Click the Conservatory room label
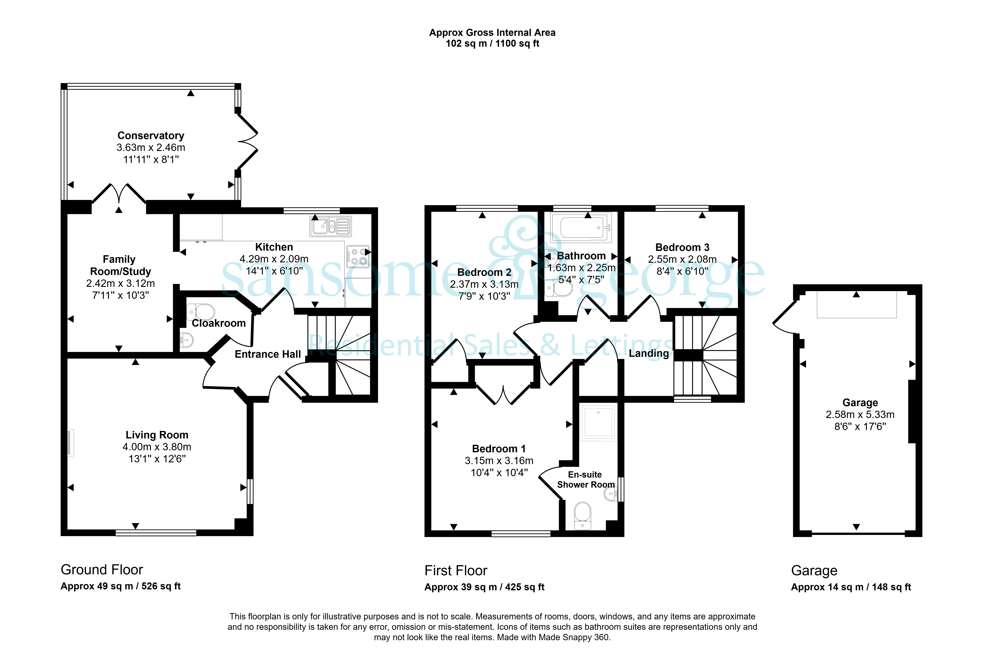click(x=151, y=136)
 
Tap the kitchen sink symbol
click(x=330, y=226)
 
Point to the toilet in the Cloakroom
click(x=201, y=312)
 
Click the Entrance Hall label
click(x=268, y=354)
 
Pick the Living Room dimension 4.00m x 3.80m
click(x=157, y=447)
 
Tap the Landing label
click(x=649, y=354)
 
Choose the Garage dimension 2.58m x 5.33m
click(x=860, y=415)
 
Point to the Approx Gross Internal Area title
click(x=492, y=33)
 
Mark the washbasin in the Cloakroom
click(x=187, y=340)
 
